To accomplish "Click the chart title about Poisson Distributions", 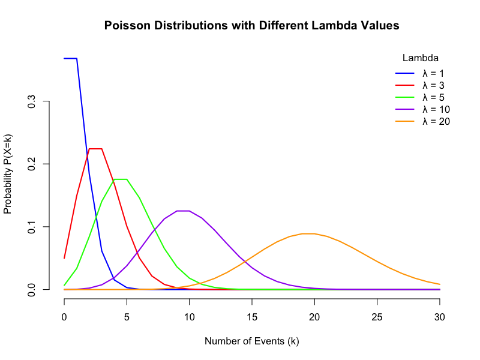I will coord(251,26).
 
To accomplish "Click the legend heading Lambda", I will coord(420,58).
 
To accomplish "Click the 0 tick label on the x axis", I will coord(64,318).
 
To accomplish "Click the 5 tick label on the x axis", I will coord(127,318).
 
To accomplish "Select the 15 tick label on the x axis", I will coord(252,318).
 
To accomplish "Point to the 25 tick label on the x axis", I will coord(377,318).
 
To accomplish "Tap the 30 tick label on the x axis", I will coord(440,318).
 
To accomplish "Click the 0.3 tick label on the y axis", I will coord(32,101).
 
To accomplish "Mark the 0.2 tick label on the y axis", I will coord(32,164).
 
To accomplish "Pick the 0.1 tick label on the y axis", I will coord(32,227).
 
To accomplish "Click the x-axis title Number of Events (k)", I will coord(251,341).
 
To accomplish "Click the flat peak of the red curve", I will coord(95,149).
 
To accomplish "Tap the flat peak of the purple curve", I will coord(183,211).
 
